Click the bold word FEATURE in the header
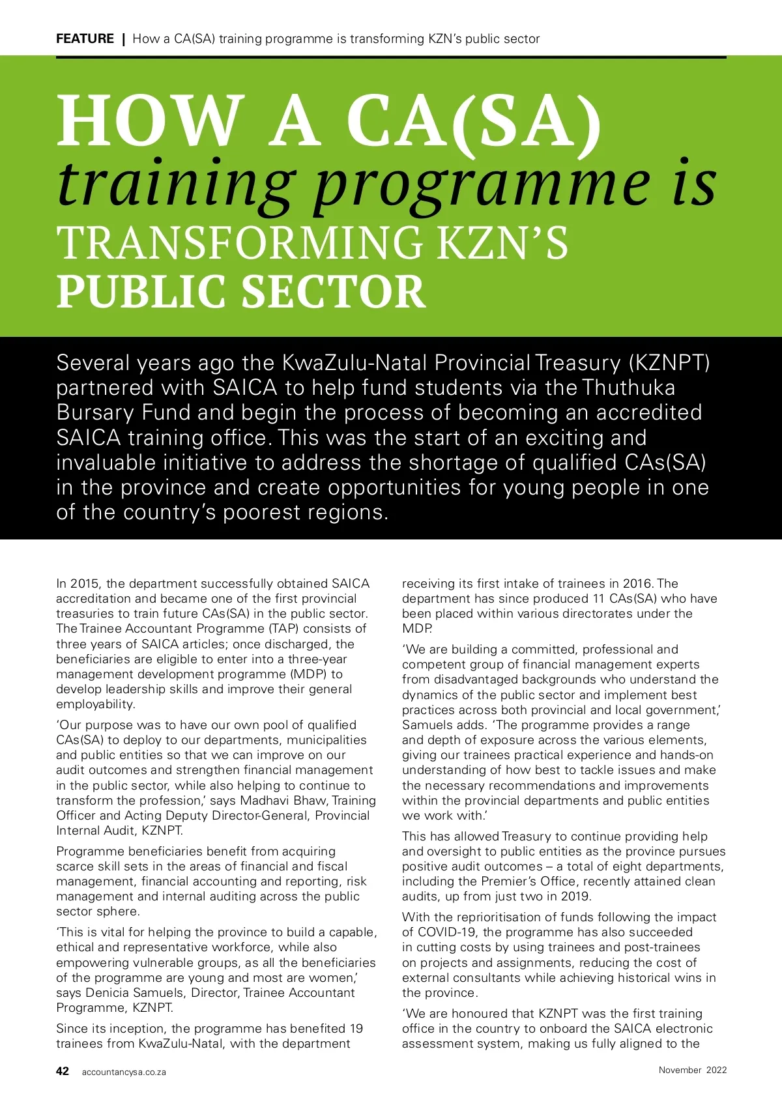[85, 38]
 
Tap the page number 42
[63, 1071]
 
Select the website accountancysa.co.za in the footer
[124, 1072]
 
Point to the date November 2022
[692, 1070]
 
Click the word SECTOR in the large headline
[334, 291]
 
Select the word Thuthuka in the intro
[629, 388]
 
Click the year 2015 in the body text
[84, 584]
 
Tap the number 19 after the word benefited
[356, 1029]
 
